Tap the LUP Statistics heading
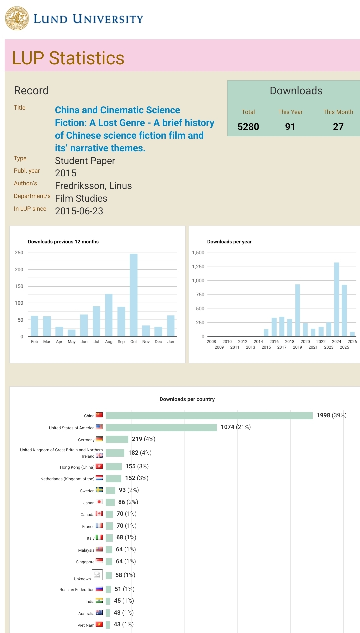[68, 58]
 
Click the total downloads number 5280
[248, 127]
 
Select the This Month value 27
[338, 127]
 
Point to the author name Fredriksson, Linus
[93, 186]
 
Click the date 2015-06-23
[79, 211]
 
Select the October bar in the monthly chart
[134, 295]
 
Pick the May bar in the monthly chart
[72, 333]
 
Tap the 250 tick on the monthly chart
[19, 253]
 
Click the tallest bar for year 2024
[337, 299]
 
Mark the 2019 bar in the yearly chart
[298, 310]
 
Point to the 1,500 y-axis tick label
[198, 253]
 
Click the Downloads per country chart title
[187, 399]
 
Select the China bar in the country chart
[209, 416]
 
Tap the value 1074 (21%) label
[236, 427]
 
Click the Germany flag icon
[99, 439]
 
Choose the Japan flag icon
[99, 502]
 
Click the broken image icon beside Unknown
[97, 575]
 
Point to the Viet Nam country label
[86, 625]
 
